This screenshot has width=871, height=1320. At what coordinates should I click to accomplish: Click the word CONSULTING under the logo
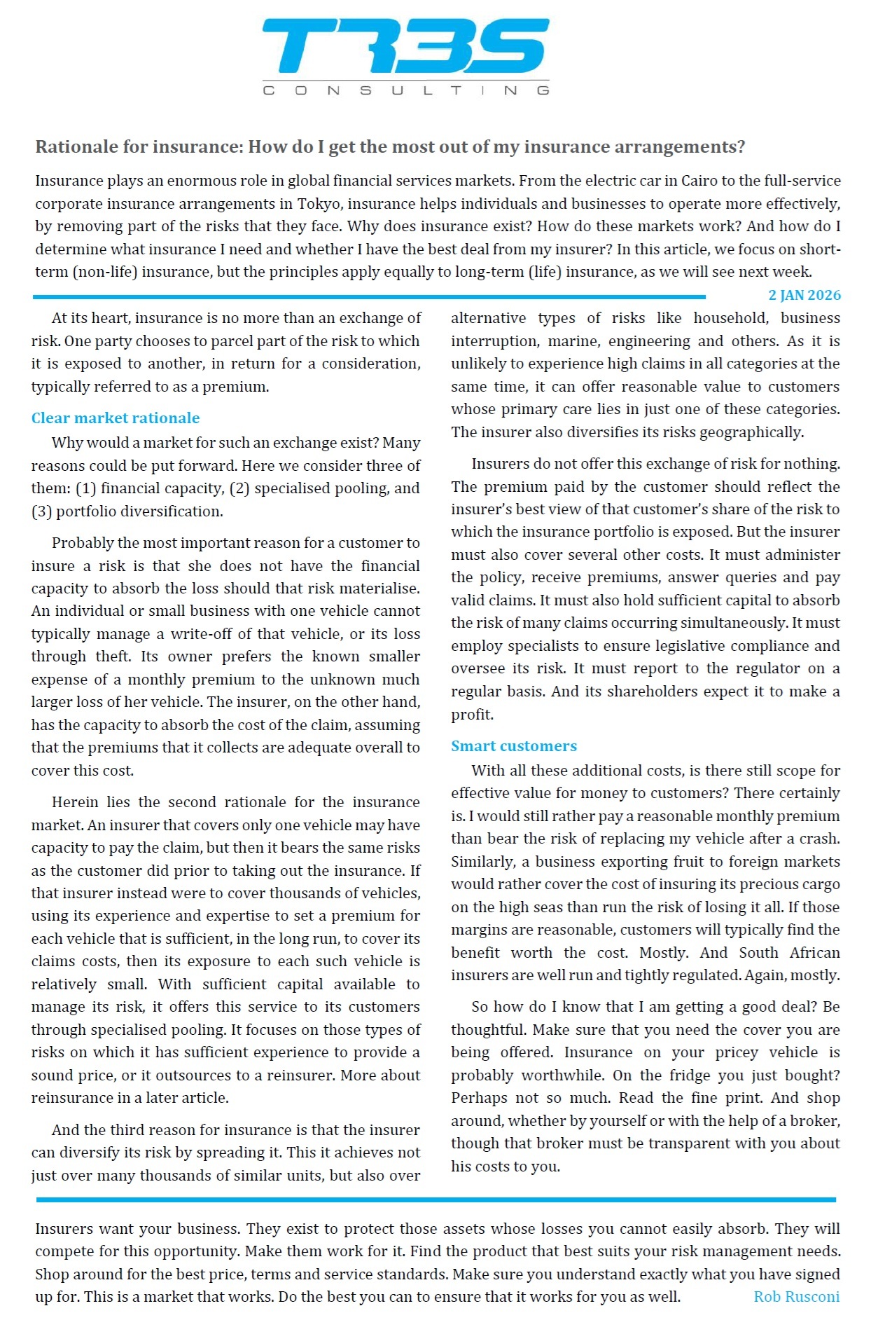[405, 90]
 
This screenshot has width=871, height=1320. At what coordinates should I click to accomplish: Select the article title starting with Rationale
[390, 147]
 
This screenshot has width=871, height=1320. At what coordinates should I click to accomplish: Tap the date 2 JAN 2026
[804, 295]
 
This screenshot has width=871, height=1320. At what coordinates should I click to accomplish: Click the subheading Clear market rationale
[116, 418]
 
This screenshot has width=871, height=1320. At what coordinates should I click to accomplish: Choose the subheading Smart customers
[514, 746]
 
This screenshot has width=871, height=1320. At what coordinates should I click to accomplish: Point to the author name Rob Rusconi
[796, 1297]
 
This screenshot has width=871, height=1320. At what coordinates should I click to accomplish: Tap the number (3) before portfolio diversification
[41, 511]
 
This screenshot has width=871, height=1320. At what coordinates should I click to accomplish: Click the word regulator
[763, 668]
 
